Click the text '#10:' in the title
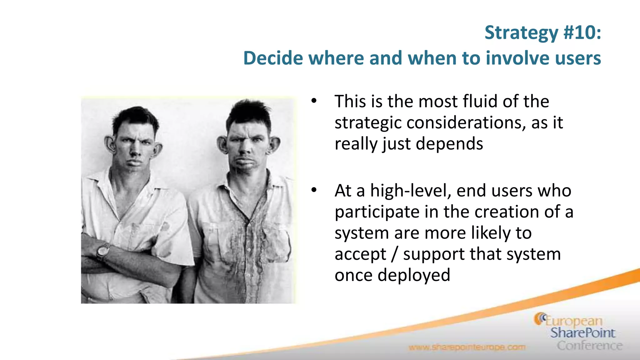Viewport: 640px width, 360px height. tap(582, 32)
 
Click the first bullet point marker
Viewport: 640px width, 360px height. tap(314, 101)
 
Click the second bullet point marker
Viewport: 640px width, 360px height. tap(314, 190)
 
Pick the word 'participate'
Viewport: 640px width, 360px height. tap(377, 212)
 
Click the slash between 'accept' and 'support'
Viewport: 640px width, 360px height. tap(395, 254)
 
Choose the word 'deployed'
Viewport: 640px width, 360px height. tap(414, 275)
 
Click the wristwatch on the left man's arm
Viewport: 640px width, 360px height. tap(103, 251)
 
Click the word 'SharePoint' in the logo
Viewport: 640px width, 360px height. tap(582, 333)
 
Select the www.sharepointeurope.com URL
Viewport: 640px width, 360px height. tap(467, 347)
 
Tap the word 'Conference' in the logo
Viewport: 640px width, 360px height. tap(589, 346)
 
